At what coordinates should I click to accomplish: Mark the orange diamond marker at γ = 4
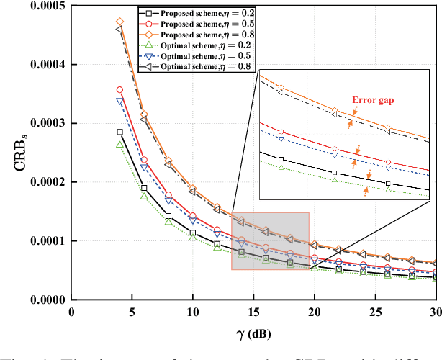[x=119, y=22]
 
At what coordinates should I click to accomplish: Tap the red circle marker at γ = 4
[x=119, y=90]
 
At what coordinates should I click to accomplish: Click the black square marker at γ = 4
[x=119, y=132]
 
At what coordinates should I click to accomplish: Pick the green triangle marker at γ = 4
[x=119, y=145]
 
